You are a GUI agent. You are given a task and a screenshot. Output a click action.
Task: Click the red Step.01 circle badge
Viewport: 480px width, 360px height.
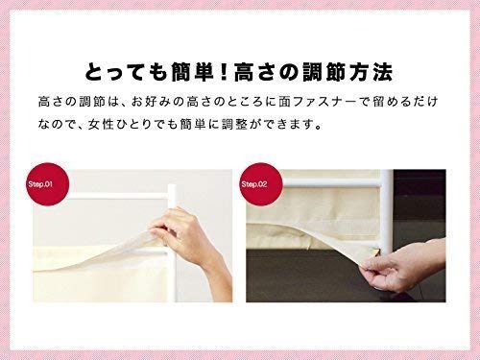tap(48, 184)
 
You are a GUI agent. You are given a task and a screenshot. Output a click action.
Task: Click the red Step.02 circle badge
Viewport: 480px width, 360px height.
tap(261, 184)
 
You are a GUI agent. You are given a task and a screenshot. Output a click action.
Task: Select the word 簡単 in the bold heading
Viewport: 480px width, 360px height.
tap(191, 73)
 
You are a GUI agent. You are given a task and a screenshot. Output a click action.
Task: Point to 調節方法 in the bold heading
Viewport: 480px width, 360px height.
tap(348, 73)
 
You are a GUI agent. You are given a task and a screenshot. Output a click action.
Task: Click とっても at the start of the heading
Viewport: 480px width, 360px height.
tap(126, 73)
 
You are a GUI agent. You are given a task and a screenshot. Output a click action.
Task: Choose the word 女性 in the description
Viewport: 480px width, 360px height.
tap(101, 125)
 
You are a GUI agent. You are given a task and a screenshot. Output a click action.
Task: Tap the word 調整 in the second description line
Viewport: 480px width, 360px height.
tap(235, 125)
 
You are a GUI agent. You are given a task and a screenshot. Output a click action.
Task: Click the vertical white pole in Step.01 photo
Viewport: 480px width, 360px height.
tap(172, 243)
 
